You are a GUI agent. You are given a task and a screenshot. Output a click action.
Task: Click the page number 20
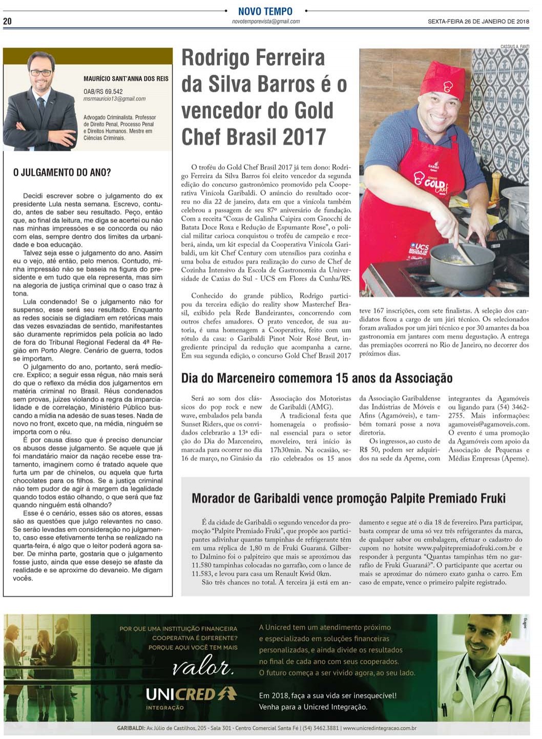point(7,22)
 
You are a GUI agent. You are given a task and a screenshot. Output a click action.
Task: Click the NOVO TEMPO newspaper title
point(265,11)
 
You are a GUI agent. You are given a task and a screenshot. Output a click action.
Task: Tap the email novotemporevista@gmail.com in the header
point(265,22)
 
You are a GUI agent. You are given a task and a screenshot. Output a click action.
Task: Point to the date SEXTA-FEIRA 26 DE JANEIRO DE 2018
point(478,22)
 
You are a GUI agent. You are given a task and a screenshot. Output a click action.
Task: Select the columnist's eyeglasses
point(40,73)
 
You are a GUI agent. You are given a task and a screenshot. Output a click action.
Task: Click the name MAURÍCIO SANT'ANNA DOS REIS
point(126,79)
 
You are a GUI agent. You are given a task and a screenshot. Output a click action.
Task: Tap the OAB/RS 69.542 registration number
point(103,92)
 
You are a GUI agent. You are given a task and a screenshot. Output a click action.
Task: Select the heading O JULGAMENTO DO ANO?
point(62,173)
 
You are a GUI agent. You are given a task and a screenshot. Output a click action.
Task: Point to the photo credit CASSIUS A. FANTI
point(514,47)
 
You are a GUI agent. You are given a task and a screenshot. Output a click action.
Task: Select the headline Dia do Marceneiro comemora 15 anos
point(317,378)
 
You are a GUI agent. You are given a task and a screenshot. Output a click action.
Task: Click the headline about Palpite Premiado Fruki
point(348,498)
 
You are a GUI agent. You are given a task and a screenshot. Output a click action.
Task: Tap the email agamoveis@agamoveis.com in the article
point(488,425)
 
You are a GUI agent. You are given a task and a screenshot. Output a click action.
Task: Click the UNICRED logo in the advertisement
point(191,694)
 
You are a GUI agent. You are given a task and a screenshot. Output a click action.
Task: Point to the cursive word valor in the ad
point(203,667)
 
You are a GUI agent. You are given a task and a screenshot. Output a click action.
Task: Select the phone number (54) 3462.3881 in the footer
point(321,728)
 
